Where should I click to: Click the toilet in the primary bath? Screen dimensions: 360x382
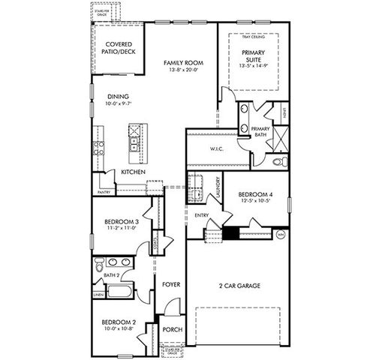click(x=277, y=161)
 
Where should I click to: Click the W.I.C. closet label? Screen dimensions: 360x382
click(x=207, y=148)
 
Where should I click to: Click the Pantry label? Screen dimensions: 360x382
click(x=104, y=190)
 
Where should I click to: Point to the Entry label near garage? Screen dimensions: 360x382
click(x=201, y=215)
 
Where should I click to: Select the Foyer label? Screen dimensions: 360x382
click(x=170, y=284)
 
